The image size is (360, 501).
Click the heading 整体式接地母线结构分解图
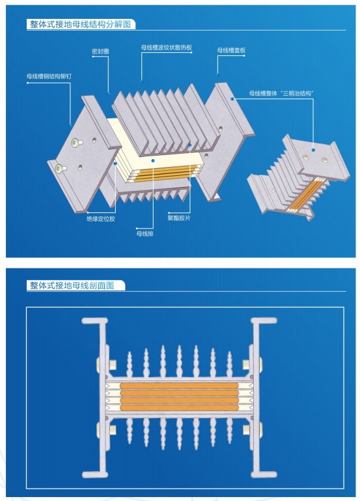80,25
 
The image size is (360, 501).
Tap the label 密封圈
100,50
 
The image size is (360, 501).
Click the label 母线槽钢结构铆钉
49,76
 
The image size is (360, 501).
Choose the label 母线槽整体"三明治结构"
282,94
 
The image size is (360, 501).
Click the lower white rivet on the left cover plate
61,169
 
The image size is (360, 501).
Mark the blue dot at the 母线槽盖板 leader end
232,99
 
